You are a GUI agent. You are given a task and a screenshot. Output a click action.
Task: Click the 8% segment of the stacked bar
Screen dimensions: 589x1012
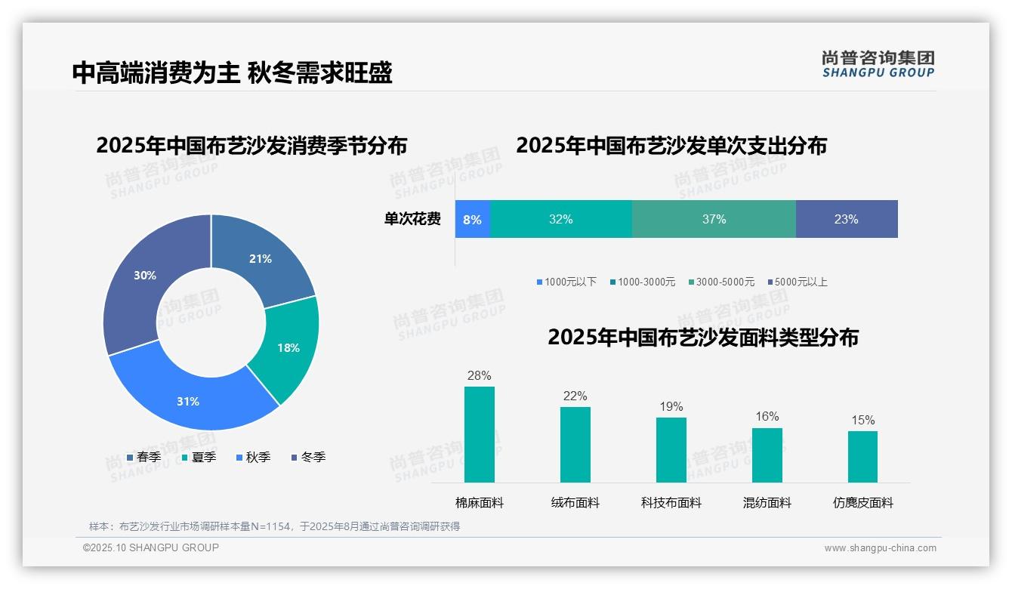(x=473, y=220)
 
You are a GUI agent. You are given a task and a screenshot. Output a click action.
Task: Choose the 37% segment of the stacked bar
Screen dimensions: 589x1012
(x=714, y=220)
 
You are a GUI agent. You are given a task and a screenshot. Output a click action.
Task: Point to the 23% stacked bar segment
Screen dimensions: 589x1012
(x=847, y=220)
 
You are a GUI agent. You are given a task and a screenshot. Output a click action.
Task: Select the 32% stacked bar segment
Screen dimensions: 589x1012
(x=561, y=220)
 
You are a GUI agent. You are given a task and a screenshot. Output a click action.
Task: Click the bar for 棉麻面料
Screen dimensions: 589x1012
(x=480, y=435)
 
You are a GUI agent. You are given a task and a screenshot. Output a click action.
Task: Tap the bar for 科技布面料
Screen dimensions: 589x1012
(x=671, y=450)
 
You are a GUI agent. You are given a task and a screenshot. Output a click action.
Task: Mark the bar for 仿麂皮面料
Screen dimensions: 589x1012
(x=863, y=457)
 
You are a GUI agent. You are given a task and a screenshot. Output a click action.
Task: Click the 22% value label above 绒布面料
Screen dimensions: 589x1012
(x=575, y=396)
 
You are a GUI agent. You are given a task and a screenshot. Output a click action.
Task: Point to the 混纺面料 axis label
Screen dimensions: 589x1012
(x=767, y=503)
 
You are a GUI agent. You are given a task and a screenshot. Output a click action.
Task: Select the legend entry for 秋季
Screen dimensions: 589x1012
(x=253, y=458)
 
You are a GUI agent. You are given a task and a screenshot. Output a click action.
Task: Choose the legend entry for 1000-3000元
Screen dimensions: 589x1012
(x=643, y=282)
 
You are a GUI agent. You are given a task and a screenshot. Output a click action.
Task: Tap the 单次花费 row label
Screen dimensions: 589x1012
(x=412, y=220)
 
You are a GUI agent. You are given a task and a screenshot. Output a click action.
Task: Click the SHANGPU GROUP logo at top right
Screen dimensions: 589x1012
(x=878, y=64)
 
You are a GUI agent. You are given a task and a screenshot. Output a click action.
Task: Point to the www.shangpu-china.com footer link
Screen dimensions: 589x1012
(x=880, y=548)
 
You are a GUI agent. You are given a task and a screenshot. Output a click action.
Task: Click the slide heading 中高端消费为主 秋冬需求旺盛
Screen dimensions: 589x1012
(x=233, y=72)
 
